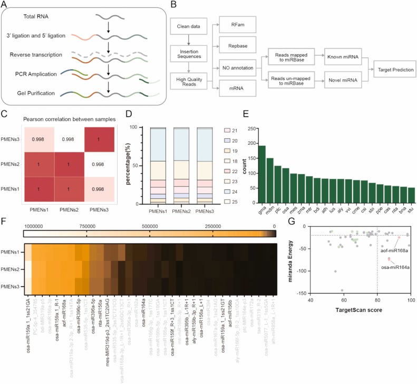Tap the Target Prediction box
(394, 69)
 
